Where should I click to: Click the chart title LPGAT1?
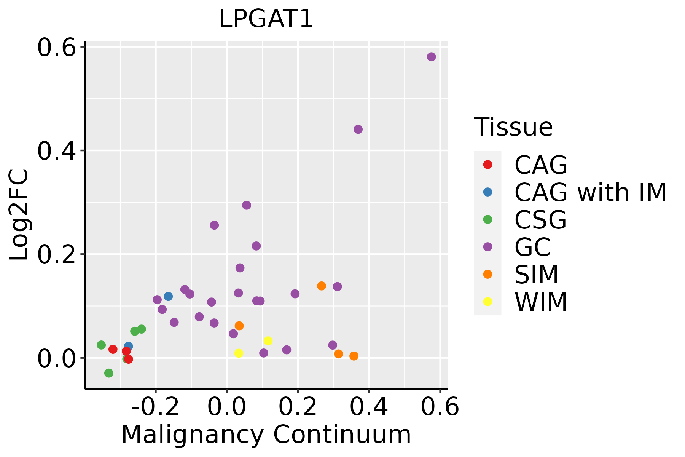(x=266, y=19)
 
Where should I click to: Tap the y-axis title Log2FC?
(x=19, y=215)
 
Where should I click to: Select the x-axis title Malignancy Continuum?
(x=266, y=435)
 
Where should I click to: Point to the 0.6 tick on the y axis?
(x=56, y=47)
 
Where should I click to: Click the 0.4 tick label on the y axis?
(x=56, y=151)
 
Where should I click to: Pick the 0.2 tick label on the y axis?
(x=56, y=254)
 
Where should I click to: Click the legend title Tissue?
(x=513, y=127)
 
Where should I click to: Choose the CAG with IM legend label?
(x=590, y=192)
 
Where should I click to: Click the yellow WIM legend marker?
(x=487, y=302)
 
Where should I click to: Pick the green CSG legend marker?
(x=487, y=219)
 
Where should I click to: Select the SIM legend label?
(x=536, y=274)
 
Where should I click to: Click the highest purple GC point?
(x=431, y=57)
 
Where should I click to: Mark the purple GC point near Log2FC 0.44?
(x=358, y=129)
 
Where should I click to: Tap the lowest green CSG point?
(x=109, y=373)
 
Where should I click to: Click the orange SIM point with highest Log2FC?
(x=322, y=286)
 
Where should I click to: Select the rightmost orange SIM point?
(x=354, y=356)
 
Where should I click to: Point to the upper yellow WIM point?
(x=268, y=341)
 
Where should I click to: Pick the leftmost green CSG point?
(x=101, y=345)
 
